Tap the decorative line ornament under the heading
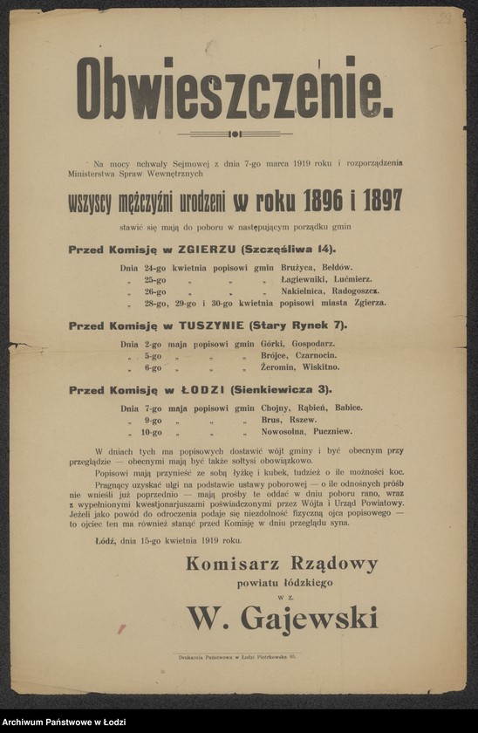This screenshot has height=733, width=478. click(235, 134)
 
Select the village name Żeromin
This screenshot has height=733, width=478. click(282, 368)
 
